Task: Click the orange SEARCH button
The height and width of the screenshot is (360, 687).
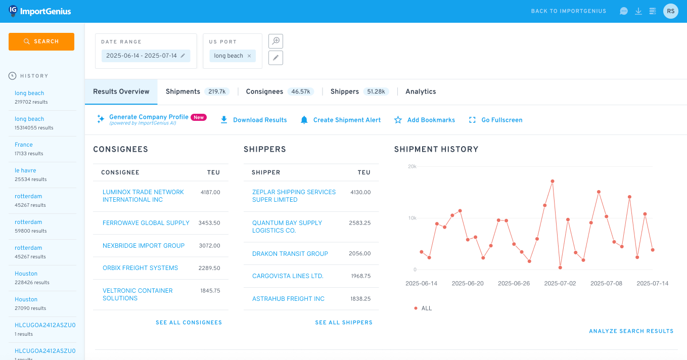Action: (x=41, y=41)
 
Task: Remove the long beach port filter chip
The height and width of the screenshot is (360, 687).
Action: (x=249, y=56)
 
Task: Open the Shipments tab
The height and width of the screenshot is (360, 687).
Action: (x=183, y=92)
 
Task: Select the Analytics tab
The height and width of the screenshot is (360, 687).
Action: (x=421, y=92)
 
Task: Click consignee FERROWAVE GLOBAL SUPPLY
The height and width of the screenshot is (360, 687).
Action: (x=146, y=223)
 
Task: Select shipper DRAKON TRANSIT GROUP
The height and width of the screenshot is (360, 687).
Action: (x=290, y=254)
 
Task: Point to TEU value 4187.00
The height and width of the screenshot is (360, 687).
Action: (x=210, y=193)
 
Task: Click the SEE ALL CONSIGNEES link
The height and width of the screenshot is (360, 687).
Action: (x=189, y=323)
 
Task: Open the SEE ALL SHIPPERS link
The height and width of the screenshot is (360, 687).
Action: (x=343, y=323)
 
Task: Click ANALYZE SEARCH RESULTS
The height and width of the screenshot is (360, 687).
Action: (x=631, y=331)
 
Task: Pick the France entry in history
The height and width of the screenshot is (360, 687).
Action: (x=24, y=145)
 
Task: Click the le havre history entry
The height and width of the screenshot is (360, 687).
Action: (x=25, y=170)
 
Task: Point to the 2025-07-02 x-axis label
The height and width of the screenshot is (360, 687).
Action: (x=560, y=284)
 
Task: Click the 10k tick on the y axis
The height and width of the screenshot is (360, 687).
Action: (x=412, y=218)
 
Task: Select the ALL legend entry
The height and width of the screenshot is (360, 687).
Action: (x=426, y=308)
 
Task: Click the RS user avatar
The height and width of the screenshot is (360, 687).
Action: (x=670, y=11)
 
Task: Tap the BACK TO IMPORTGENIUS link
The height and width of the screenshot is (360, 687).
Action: (x=568, y=11)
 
